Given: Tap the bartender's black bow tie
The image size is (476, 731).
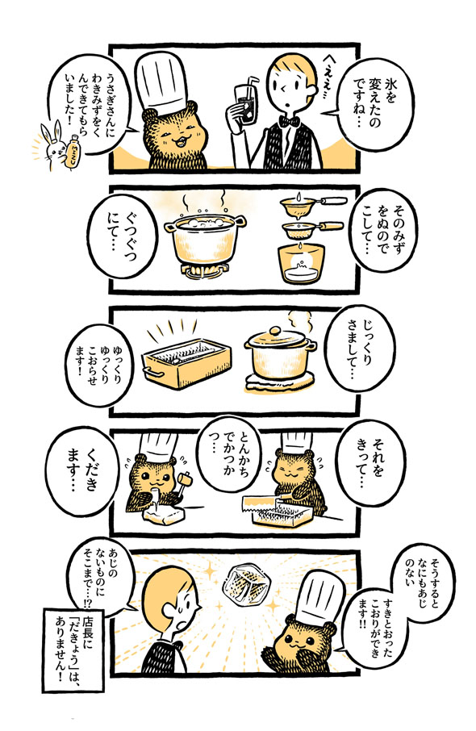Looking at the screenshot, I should coord(286,122).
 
